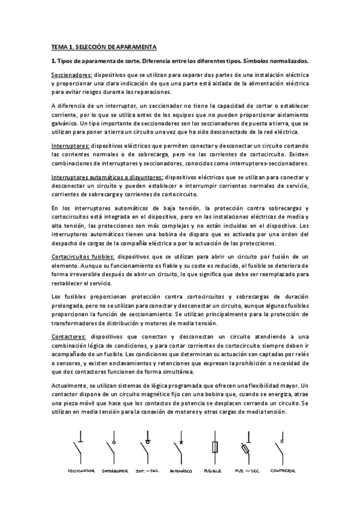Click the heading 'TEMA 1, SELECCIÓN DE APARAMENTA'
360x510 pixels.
click(104, 46)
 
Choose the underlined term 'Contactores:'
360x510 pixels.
click(69, 336)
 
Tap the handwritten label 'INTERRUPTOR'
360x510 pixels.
click(115, 471)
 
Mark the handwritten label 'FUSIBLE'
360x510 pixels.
click(213, 471)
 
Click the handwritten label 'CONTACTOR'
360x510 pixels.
click(283, 471)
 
